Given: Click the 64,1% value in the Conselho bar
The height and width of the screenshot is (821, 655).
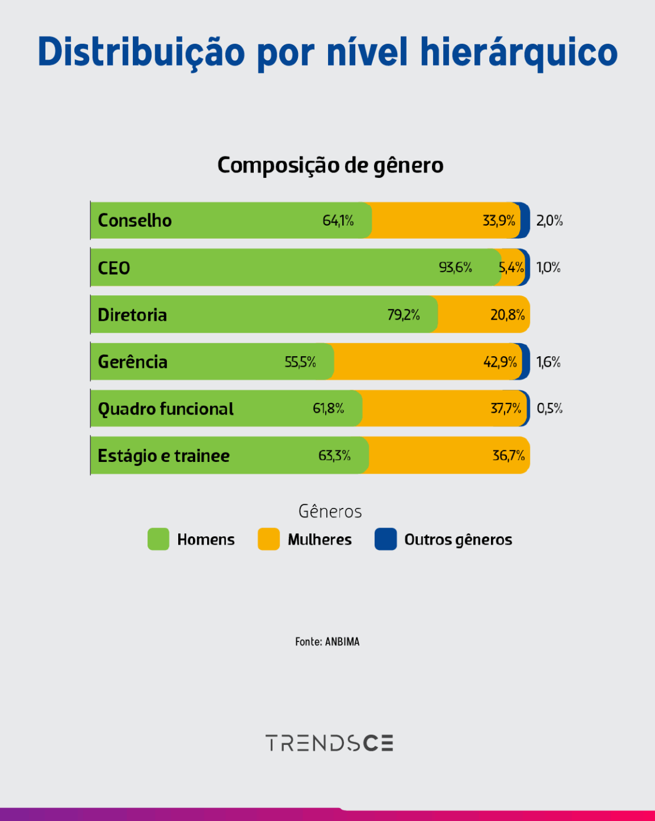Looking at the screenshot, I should (338, 221).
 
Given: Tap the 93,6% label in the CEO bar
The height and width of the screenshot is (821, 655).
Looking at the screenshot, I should (455, 268).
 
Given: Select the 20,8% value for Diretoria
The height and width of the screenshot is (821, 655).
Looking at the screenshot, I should (507, 315).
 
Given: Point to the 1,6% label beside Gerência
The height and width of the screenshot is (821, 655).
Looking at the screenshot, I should (548, 362).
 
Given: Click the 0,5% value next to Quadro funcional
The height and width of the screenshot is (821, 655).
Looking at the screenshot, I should (549, 408).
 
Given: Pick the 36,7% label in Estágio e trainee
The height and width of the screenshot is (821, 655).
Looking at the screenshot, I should (509, 455).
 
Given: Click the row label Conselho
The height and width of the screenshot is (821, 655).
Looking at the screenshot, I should (135, 221).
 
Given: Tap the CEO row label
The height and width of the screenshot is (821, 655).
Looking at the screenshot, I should (114, 268).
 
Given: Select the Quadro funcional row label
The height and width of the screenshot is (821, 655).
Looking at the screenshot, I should (166, 409).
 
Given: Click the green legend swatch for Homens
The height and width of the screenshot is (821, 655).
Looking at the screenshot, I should (158, 539).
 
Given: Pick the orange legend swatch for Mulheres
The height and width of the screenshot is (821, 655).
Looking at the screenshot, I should (268, 539).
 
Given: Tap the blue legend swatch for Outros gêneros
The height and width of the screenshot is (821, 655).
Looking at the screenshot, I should (385, 539).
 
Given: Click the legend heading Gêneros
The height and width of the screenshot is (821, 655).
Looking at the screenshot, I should (330, 512).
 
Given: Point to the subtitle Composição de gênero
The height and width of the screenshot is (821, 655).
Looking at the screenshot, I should (330, 165).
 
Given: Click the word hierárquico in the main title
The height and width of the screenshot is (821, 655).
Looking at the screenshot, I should (519, 52).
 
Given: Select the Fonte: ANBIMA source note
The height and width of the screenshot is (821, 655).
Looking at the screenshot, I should (327, 641).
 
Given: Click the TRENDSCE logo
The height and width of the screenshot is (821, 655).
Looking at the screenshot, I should (329, 743).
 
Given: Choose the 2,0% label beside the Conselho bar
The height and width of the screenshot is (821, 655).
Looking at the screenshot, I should (549, 221).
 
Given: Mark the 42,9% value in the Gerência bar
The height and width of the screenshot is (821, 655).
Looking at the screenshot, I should (500, 362).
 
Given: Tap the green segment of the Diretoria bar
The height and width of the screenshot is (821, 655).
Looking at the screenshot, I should (266, 315).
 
